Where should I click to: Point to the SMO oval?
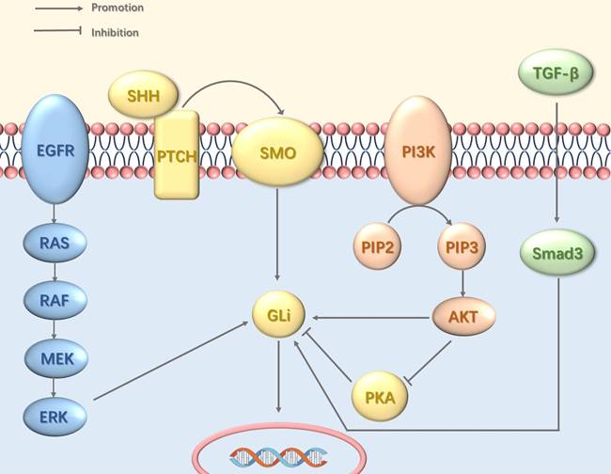click(x=278, y=150)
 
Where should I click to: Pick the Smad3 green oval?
click(x=556, y=255)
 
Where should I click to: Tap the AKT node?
click(x=462, y=318)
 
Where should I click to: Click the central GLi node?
click(x=278, y=317)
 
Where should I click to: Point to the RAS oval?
click(x=55, y=243)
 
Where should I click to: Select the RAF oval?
click(x=55, y=300)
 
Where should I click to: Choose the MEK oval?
click(x=55, y=358)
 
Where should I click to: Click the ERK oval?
click(x=55, y=414)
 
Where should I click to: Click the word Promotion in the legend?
click(x=117, y=8)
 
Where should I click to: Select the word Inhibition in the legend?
click(x=115, y=33)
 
